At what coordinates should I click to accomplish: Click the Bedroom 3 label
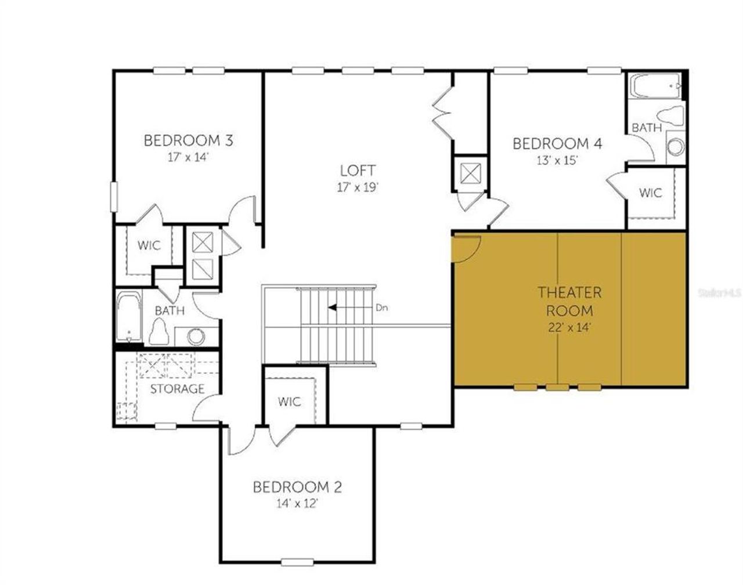pyautogui.click(x=188, y=140)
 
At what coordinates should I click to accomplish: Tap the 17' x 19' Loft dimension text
pyautogui.click(x=358, y=187)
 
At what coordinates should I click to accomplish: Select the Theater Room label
pyautogui.click(x=569, y=301)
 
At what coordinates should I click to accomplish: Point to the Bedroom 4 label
pyautogui.click(x=557, y=143)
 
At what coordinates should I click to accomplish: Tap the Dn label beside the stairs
pyautogui.click(x=381, y=308)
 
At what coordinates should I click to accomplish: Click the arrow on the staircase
pyautogui.click(x=348, y=308)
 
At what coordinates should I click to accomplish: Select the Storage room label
pyautogui.click(x=177, y=389)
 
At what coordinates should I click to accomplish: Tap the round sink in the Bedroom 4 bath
pyautogui.click(x=675, y=146)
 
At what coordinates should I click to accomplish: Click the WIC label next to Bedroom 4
pyautogui.click(x=650, y=193)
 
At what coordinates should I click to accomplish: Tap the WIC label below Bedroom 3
pyautogui.click(x=149, y=245)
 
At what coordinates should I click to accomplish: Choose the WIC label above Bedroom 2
pyautogui.click(x=289, y=402)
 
